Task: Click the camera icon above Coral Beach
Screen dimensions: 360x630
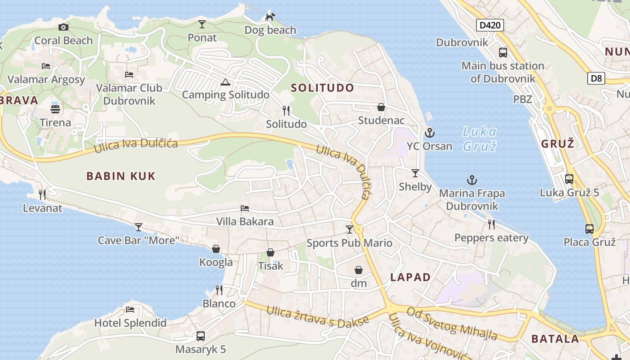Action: (x=63, y=27)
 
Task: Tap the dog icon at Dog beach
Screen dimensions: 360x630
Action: (x=270, y=17)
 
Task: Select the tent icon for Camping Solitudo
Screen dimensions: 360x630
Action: (x=225, y=82)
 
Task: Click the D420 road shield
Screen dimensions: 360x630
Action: (x=490, y=25)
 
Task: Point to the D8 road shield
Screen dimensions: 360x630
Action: (x=596, y=78)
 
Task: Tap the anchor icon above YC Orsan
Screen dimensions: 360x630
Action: (x=430, y=133)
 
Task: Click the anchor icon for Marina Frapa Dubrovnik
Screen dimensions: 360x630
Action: (x=472, y=180)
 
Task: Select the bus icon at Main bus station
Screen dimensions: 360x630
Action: (x=503, y=53)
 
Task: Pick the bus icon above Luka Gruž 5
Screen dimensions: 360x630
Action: (x=569, y=179)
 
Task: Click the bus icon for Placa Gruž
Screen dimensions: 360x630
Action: (x=589, y=229)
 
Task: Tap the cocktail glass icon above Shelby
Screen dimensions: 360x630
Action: (x=415, y=173)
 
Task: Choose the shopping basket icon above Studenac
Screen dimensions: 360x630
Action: (x=381, y=107)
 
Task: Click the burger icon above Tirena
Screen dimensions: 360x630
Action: (x=55, y=109)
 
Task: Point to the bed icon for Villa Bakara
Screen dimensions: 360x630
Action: (x=245, y=208)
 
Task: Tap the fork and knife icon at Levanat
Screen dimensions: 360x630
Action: (x=42, y=194)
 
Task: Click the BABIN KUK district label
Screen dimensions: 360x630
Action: (x=121, y=176)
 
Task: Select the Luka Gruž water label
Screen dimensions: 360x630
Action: (x=480, y=139)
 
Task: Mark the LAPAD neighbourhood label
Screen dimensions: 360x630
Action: (x=410, y=277)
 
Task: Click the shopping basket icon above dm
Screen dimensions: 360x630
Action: (x=359, y=270)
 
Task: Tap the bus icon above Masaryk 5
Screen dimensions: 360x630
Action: (x=201, y=336)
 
